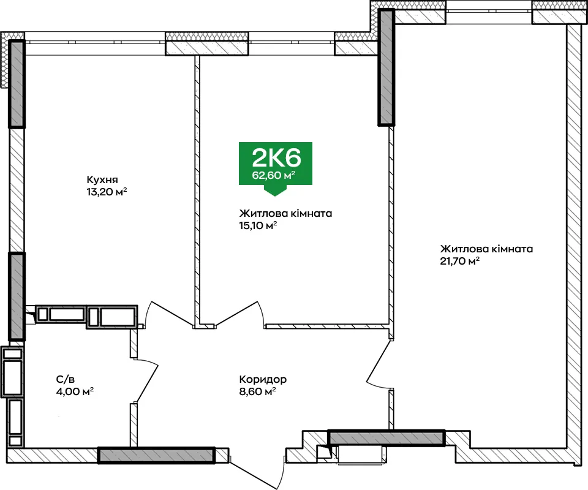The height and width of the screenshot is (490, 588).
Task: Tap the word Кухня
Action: pyautogui.click(x=102, y=180)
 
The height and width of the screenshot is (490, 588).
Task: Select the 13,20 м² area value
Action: pyautogui.click(x=107, y=192)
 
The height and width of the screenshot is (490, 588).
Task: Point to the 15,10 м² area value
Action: pyautogui.click(x=258, y=225)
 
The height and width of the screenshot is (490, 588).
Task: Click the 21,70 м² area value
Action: pyautogui.click(x=460, y=261)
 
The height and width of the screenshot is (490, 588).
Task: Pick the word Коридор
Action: pyautogui.click(x=263, y=379)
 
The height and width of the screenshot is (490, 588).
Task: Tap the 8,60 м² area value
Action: pyautogui.click(x=258, y=392)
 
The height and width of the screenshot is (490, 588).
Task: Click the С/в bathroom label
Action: pyautogui.click(x=66, y=379)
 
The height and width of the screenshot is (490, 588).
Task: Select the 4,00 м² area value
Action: pyautogui.click(x=75, y=392)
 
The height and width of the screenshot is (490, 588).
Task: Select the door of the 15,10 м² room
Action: pyautogui.click(x=240, y=314)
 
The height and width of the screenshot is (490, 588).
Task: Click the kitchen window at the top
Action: pyautogui.click(x=95, y=42)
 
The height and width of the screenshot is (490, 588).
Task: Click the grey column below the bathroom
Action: pyautogui.click(x=156, y=455)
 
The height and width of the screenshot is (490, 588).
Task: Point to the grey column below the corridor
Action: pyautogui.click(x=386, y=438)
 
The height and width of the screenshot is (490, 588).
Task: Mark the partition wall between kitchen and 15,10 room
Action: pyautogui.click(x=197, y=191)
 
